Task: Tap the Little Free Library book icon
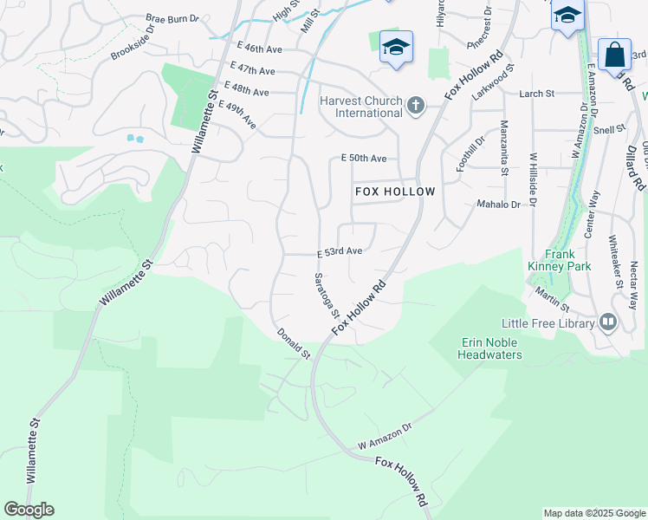(608, 323)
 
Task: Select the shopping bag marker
(614, 55)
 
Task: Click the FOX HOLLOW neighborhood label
(394, 191)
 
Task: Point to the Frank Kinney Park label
(560, 261)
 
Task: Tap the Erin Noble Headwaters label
(489, 348)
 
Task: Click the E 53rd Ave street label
(339, 252)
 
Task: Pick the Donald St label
(294, 343)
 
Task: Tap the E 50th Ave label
(363, 159)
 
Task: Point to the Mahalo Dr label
(497, 205)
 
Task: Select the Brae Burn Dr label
(172, 17)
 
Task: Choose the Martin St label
(551, 301)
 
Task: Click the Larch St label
(536, 94)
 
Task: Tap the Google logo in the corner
(29, 510)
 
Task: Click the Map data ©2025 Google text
(593, 513)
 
